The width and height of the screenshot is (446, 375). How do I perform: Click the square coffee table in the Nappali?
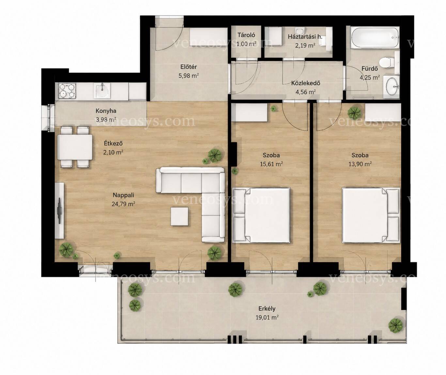pos(179,216)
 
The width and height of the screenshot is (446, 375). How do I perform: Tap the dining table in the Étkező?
pos(75,147)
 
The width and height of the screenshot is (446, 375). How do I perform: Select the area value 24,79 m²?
pos(123,204)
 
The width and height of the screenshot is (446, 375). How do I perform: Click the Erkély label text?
pos(267,308)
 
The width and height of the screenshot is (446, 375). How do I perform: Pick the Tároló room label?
pos(246,35)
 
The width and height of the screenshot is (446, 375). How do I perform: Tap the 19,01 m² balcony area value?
pos(267,318)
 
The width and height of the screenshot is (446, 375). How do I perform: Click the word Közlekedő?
pos(306,83)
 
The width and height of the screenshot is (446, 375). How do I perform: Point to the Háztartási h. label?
pos(305,37)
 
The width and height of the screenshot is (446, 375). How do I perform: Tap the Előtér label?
pos(188,67)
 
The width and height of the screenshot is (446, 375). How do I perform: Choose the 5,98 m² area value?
pos(189,76)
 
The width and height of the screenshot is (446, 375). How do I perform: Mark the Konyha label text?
pos(106,111)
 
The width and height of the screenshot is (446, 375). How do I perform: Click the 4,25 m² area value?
pos(370,77)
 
